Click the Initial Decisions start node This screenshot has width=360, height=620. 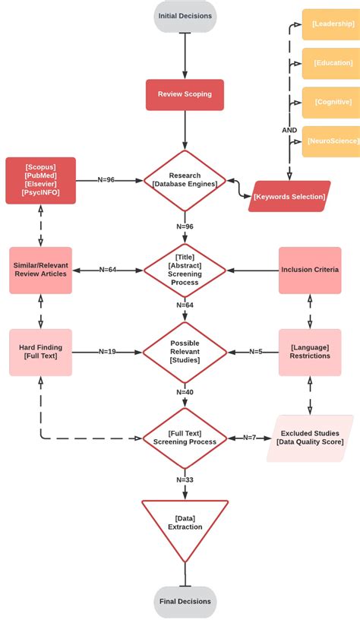(185, 16)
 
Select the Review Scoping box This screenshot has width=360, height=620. (185, 94)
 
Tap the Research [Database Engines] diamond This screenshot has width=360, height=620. (185, 180)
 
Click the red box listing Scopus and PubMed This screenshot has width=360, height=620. (40, 180)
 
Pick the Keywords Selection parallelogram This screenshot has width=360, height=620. (289, 196)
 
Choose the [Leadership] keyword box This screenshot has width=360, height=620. (331, 24)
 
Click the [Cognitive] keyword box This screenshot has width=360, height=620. (331, 102)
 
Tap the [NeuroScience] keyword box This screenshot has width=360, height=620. (331, 141)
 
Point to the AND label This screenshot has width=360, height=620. (289, 130)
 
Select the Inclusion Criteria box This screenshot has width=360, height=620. (309, 270)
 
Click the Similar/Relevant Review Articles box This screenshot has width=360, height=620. (40, 270)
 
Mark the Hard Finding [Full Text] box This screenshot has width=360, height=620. (40, 352)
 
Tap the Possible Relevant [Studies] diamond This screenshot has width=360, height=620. (185, 352)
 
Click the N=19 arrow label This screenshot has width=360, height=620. (107, 352)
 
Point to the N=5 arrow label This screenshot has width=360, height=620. (255, 352)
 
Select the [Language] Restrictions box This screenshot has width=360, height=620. (309, 352)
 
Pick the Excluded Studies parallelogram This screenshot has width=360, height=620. (309, 438)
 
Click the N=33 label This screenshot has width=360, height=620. (185, 479)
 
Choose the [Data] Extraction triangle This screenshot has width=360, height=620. (185, 524)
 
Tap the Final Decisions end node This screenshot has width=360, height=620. (185, 601)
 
